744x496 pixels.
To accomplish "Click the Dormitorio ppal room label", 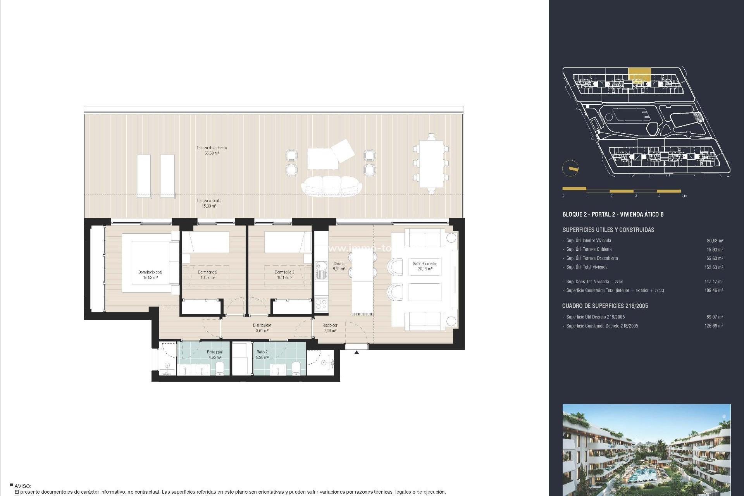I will pyautogui.click(x=150, y=275).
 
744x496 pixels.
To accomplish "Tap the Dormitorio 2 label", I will pyautogui.click(x=207, y=275).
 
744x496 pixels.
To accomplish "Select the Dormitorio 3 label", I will pyautogui.click(x=284, y=275).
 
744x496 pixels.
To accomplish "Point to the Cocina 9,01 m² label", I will pyautogui.click(x=339, y=266).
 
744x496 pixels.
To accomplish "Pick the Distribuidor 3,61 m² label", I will pyautogui.click(x=262, y=328).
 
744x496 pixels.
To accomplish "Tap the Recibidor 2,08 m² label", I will pyautogui.click(x=330, y=328).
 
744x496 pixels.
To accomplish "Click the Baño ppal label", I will pyautogui.click(x=214, y=355).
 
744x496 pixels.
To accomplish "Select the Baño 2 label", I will pyautogui.click(x=262, y=355).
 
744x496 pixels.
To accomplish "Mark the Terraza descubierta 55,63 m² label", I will pyautogui.click(x=212, y=150).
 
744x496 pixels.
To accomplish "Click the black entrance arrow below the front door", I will pyautogui.click(x=356, y=352).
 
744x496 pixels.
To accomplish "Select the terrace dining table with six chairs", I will pyautogui.click(x=431, y=164).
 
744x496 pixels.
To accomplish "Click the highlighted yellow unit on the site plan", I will pyautogui.click(x=639, y=74).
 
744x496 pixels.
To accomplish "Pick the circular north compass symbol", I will pyautogui.click(x=570, y=169).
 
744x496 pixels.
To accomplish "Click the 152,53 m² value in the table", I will pyautogui.click(x=713, y=267).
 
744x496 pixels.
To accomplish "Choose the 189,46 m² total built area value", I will pyautogui.click(x=713, y=290).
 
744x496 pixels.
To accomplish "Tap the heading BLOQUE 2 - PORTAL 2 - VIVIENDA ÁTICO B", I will pyautogui.click(x=613, y=214).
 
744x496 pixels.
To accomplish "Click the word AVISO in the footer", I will pyautogui.click(x=23, y=486).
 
